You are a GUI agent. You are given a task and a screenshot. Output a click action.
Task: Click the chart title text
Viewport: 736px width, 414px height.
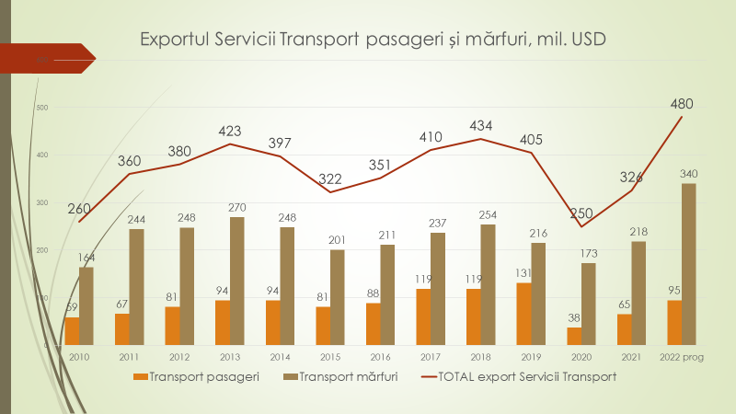click(x=373, y=40)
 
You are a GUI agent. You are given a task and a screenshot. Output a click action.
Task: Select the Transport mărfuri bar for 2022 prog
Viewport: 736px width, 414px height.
click(x=689, y=264)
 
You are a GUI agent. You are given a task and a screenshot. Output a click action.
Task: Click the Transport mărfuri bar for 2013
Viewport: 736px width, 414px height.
click(x=237, y=281)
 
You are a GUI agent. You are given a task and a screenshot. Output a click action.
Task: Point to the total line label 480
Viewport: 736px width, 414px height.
click(x=682, y=103)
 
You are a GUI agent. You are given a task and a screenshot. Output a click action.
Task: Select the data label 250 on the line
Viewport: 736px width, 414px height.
click(x=581, y=214)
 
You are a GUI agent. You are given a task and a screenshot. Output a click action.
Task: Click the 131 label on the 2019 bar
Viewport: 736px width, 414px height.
click(x=523, y=273)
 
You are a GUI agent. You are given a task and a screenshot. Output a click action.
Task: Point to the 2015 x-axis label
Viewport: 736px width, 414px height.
click(x=330, y=358)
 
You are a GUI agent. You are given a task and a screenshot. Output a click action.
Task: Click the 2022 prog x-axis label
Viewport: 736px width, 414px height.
click(x=682, y=358)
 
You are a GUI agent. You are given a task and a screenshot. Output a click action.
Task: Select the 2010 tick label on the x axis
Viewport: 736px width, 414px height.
click(x=78, y=358)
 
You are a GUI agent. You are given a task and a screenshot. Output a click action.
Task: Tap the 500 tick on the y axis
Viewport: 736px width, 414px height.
click(x=42, y=108)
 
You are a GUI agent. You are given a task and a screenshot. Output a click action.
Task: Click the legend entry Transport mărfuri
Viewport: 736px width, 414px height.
click(x=339, y=376)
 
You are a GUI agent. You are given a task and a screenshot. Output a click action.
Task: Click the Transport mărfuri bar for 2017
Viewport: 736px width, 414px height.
click(x=438, y=288)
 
